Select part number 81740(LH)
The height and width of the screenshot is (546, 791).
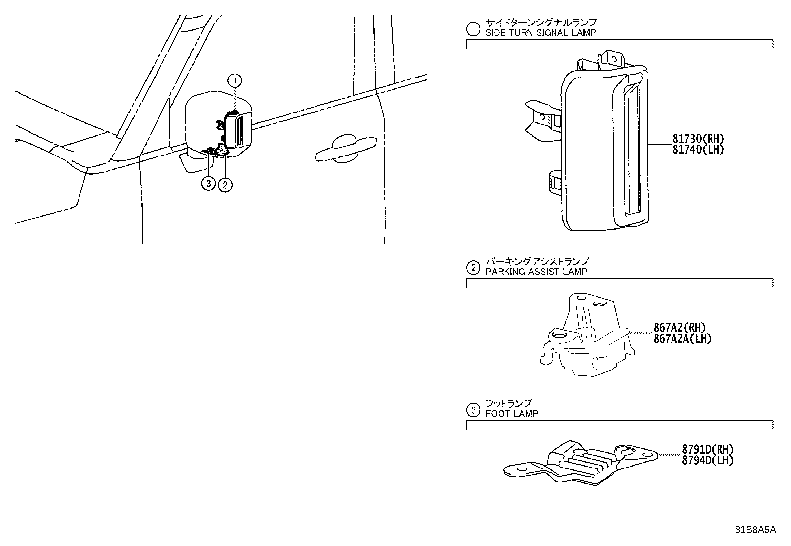click(x=698, y=149)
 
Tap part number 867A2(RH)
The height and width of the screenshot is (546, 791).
click(x=679, y=328)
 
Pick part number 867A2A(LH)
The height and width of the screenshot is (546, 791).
click(x=682, y=338)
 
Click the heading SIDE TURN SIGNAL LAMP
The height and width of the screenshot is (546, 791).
click(x=541, y=32)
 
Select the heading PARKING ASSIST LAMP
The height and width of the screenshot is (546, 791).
click(x=536, y=272)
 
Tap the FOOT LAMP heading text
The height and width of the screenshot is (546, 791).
click(x=511, y=413)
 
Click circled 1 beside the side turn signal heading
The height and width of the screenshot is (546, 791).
click(x=473, y=29)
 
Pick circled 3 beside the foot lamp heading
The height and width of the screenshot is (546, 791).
click(x=473, y=410)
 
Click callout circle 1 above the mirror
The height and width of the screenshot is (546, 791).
click(x=235, y=80)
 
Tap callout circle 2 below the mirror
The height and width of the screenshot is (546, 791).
click(x=225, y=185)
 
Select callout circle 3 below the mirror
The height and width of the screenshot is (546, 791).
click(x=208, y=184)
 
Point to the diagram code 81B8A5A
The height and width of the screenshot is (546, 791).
click(x=756, y=529)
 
